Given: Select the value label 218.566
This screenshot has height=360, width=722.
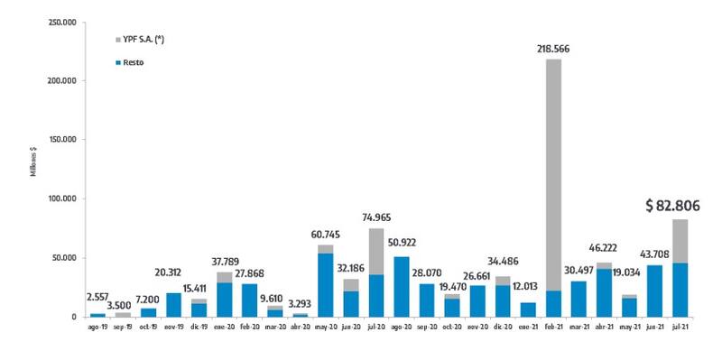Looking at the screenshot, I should coord(553,49).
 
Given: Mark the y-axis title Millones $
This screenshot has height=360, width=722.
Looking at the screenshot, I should coord(33,168).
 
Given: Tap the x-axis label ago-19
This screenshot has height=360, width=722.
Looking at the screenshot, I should coord(97,328).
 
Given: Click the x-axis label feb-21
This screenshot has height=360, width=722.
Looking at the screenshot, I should coord(553,328).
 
